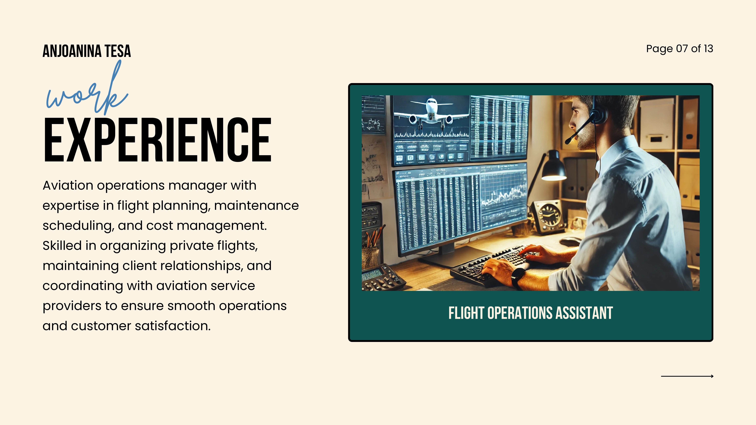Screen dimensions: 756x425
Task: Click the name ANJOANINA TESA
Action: (87, 51)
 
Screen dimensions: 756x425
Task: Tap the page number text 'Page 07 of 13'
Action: (679, 49)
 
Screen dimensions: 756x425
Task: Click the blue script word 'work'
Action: (87, 88)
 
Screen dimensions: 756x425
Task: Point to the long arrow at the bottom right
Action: (687, 376)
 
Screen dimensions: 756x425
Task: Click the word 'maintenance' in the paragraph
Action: (257, 205)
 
